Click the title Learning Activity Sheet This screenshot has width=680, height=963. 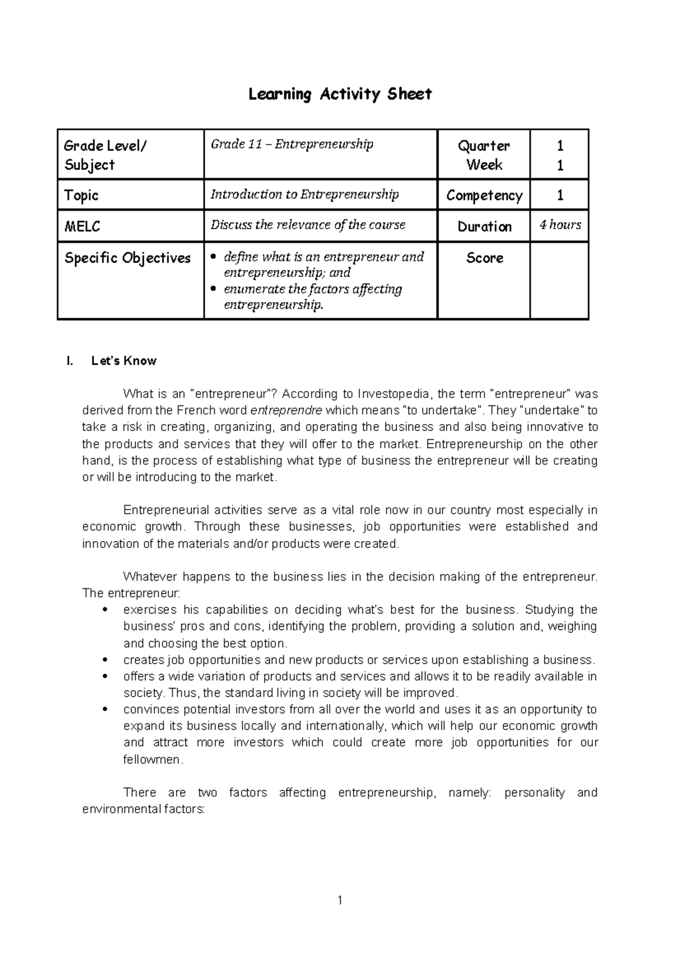[340, 94]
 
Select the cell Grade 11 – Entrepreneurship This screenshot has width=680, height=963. [292, 144]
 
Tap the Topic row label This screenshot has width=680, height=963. [82, 196]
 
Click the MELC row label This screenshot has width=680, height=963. [83, 226]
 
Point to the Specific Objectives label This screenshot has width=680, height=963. [127, 258]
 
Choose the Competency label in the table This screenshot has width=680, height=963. [484, 196]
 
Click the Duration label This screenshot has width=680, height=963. [484, 227]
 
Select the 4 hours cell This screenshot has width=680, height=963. [560, 225]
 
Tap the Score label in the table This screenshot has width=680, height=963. [484, 258]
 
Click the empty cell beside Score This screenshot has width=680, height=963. [560, 280]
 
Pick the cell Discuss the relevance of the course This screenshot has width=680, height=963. [308, 225]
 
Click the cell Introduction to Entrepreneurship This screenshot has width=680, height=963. [305, 195]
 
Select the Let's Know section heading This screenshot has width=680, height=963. [124, 361]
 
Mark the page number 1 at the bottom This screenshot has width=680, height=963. [339, 900]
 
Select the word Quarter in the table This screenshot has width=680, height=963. [484, 146]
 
